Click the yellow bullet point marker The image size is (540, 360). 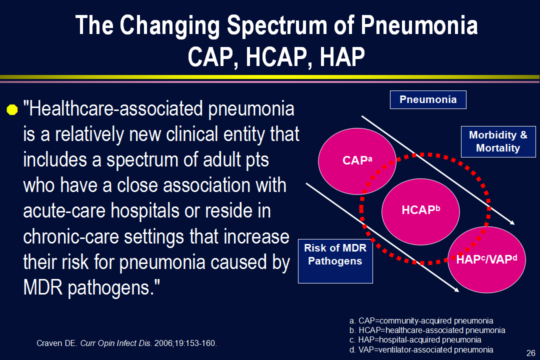[x=12, y=109]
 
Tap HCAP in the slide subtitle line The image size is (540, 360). [x=276, y=57]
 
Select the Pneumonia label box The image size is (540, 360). [x=428, y=99]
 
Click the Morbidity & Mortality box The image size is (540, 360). [x=498, y=141]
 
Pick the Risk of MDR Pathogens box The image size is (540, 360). [x=335, y=261]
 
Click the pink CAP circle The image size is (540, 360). [x=357, y=161]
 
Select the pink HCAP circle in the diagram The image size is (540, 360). [x=420, y=211]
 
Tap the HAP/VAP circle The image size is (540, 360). [x=486, y=260]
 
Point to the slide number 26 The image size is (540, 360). [x=530, y=353]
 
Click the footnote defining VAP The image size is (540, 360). [x=421, y=350]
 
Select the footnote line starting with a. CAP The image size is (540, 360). [x=421, y=320]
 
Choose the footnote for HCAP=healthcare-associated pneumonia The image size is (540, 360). [x=427, y=330]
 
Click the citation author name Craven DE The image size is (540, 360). [x=57, y=343]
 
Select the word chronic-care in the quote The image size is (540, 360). [x=71, y=236]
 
